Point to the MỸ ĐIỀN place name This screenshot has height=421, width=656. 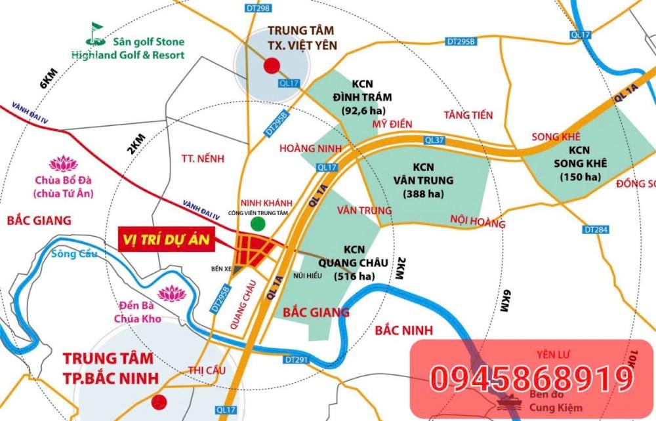point(390,123)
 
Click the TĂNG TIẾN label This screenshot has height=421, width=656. point(468,115)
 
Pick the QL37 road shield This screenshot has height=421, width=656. point(435,140)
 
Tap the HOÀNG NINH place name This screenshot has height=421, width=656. point(311,149)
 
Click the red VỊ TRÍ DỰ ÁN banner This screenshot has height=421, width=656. point(167,239)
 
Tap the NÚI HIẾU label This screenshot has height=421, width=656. point(308,275)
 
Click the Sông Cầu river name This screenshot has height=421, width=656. point(73,254)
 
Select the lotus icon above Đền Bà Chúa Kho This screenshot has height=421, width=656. point(172,293)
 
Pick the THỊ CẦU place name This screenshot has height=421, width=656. point(203,370)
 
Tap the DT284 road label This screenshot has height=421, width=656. point(596,230)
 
